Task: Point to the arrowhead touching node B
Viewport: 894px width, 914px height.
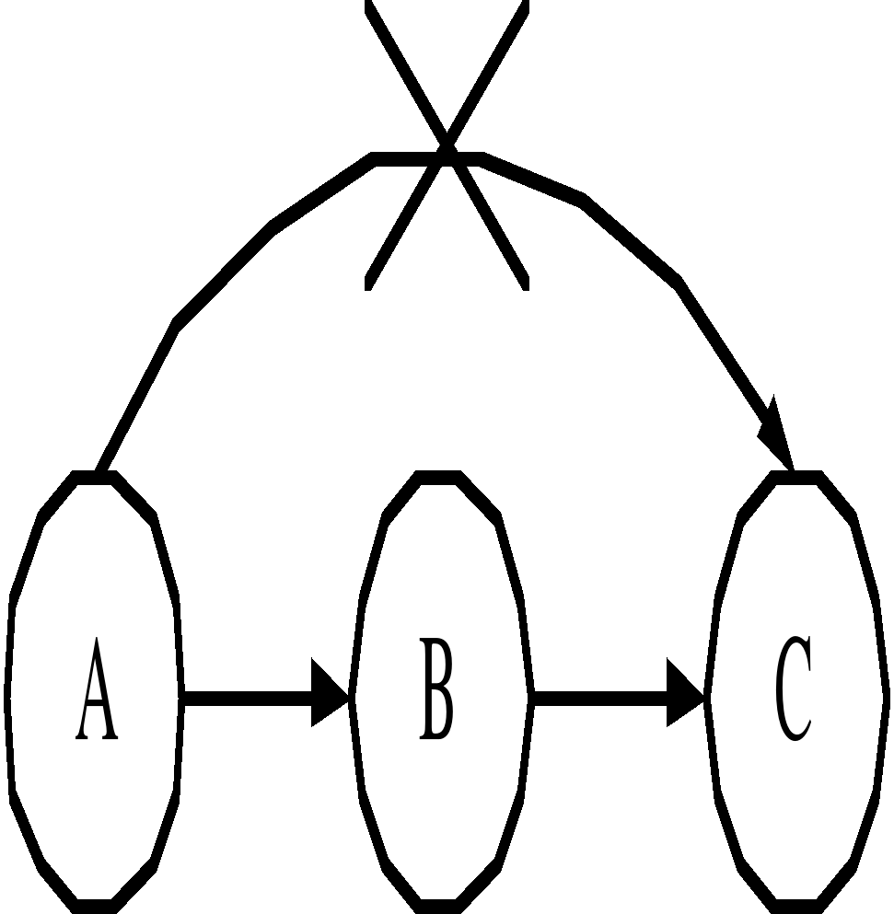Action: click(x=330, y=692)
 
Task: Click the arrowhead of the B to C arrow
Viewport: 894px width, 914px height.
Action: click(x=685, y=692)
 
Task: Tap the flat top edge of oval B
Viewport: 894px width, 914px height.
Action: click(x=440, y=478)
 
